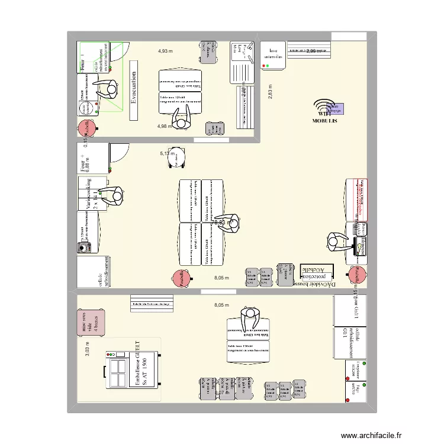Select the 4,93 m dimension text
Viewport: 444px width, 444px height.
(165, 51)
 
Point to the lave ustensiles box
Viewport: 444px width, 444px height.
(273, 55)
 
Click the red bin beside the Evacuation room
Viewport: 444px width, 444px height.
(86, 128)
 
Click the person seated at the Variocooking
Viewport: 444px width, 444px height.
(112, 195)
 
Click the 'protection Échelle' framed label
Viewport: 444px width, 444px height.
(317, 272)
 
